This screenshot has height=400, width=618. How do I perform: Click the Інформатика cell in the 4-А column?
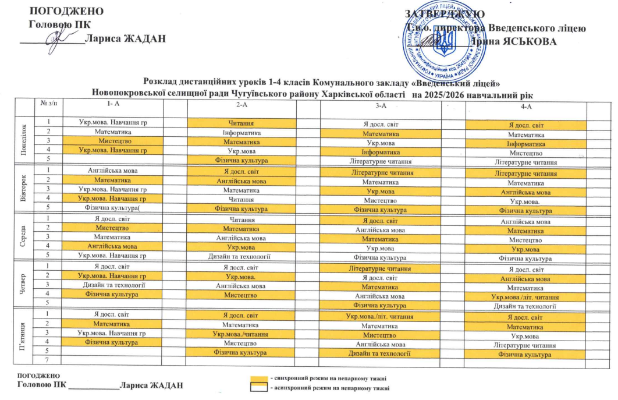526,142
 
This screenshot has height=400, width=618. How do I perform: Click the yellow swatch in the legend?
258,379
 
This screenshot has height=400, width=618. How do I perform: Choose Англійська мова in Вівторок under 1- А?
112,172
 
